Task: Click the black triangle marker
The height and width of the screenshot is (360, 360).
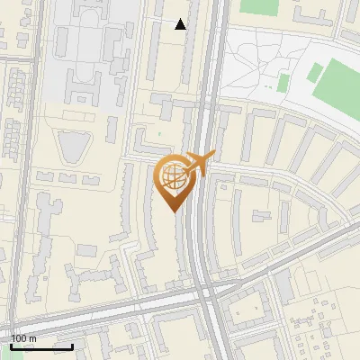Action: pos(181,24)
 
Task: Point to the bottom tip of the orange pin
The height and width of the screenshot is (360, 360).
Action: pos(175,211)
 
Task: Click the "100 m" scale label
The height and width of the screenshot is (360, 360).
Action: pos(23,338)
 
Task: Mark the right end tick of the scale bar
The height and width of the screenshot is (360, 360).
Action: pos(72,345)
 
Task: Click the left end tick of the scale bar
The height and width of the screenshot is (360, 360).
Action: pos(11,345)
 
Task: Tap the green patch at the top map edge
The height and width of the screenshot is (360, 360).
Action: pos(261,5)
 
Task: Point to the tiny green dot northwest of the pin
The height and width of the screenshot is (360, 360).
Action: pos(160,135)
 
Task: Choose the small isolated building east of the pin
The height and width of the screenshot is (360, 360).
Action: pos(262,217)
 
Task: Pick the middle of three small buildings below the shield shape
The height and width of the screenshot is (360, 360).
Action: pos(67,178)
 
